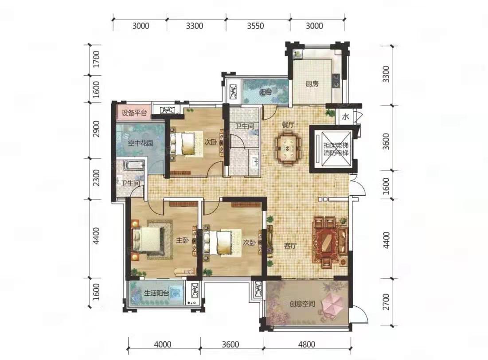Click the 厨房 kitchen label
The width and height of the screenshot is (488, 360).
pos(312,84)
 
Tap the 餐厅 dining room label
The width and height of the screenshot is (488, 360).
pos(288,125)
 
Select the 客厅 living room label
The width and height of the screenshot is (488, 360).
pos(290,246)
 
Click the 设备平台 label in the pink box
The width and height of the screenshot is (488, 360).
pos(134,113)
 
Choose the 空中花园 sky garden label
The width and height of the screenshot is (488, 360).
pos(141,143)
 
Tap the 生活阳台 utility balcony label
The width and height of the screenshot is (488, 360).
pos(157,293)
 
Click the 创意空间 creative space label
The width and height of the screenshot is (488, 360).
pos(302,303)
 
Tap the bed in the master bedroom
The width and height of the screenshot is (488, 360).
pos(148,239)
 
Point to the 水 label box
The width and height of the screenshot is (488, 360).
pos(345,117)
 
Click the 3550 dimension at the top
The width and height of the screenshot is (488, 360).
pos(255,26)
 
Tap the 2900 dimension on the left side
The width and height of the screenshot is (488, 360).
pos(97,129)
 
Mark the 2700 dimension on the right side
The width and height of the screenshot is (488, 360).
pos(386,302)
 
